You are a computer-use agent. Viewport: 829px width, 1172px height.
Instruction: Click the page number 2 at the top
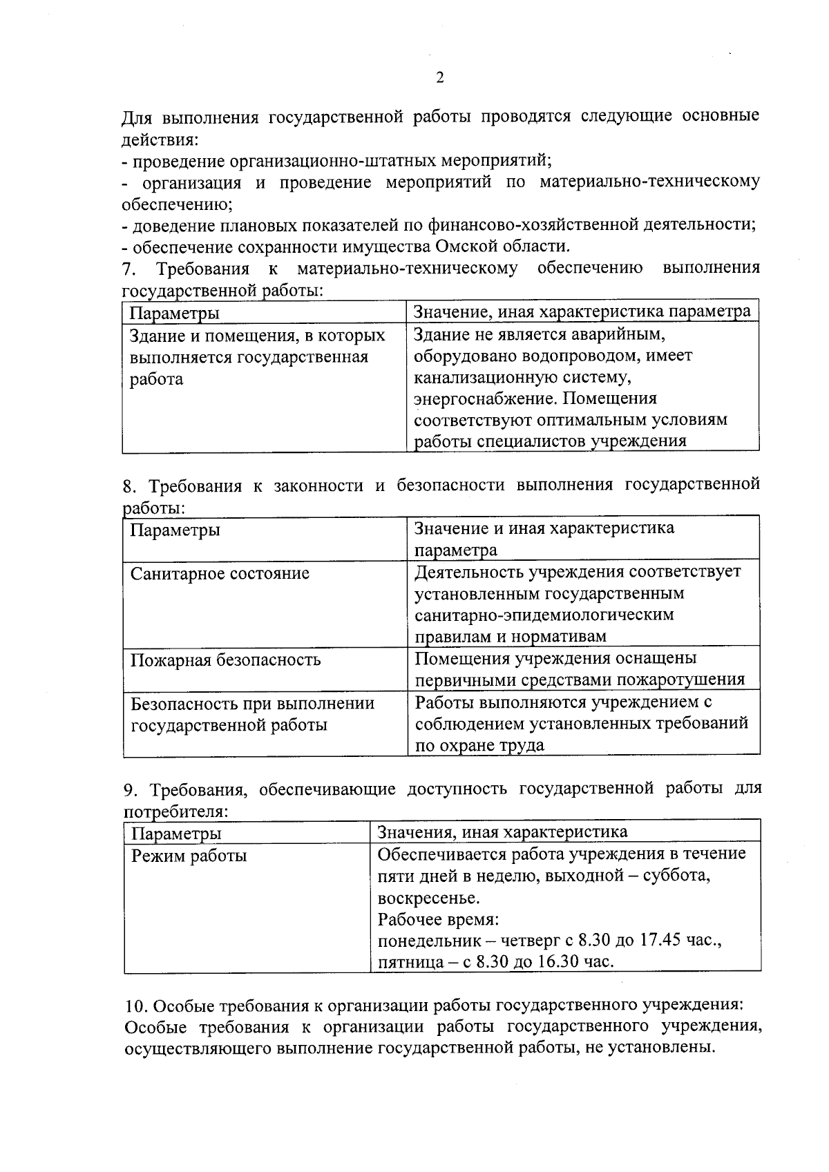click(439, 77)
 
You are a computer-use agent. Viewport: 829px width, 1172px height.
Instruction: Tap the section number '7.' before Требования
click(128, 269)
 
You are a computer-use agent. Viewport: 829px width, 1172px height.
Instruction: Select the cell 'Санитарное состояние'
click(220, 574)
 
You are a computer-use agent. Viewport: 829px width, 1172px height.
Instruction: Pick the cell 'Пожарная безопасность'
click(225, 660)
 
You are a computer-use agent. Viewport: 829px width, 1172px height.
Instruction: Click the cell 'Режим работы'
click(189, 856)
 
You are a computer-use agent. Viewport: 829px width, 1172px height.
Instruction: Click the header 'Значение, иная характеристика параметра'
click(582, 311)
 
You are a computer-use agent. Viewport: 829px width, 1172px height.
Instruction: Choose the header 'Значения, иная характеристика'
click(502, 832)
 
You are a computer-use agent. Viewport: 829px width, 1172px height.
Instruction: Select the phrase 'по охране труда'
click(479, 745)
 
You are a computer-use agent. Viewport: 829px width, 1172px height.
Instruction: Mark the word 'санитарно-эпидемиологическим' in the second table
click(544, 615)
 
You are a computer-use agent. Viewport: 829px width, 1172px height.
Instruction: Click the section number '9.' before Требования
click(130, 789)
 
